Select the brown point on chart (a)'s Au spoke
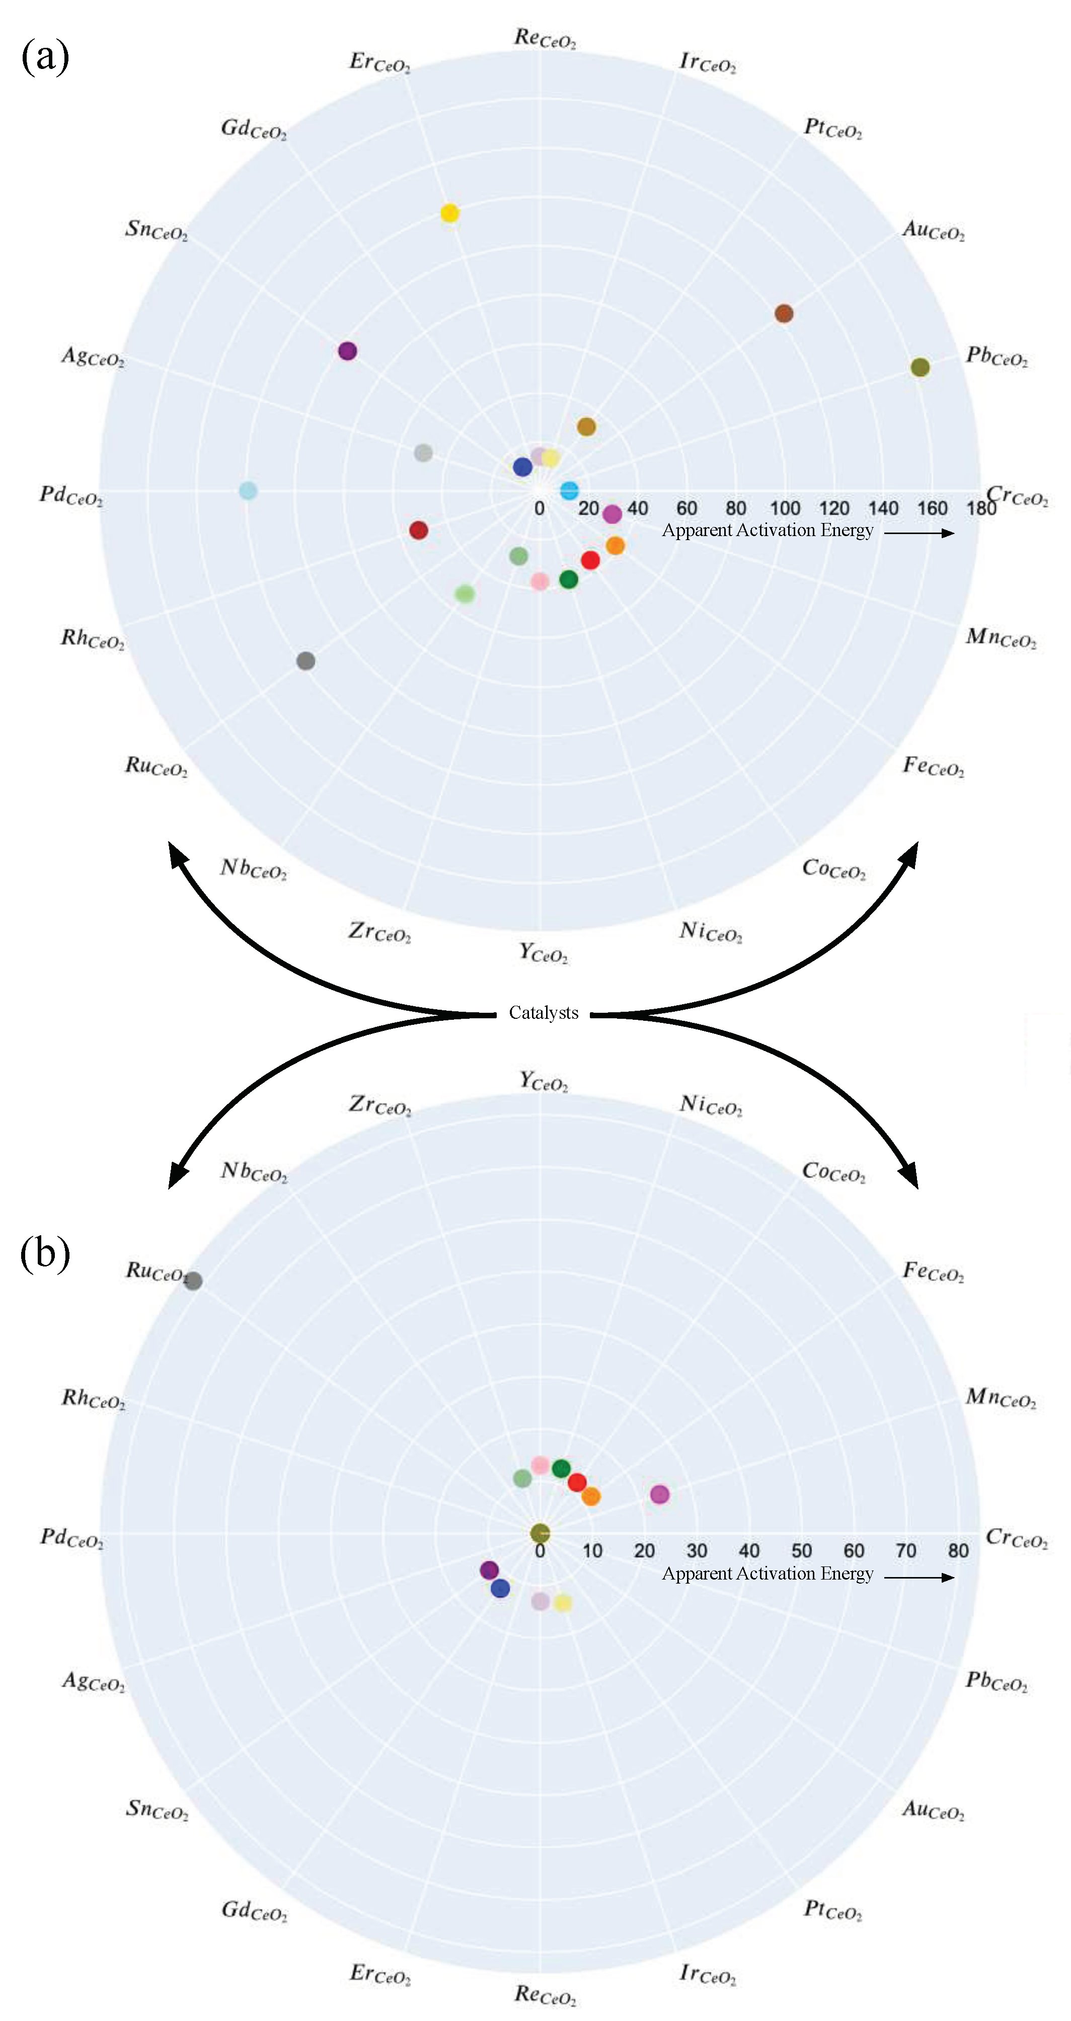(x=784, y=314)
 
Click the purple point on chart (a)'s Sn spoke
(x=348, y=351)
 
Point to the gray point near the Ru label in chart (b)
(x=194, y=1281)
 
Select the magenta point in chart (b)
(x=660, y=1494)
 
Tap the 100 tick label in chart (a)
(x=785, y=508)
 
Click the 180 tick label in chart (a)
(x=981, y=508)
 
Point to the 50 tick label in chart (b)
(x=801, y=1551)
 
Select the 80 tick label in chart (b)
(x=958, y=1551)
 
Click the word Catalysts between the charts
(x=543, y=1013)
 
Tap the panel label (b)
(x=45, y=1254)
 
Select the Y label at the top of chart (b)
(x=543, y=1081)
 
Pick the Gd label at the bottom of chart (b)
(x=254, y=1910)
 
